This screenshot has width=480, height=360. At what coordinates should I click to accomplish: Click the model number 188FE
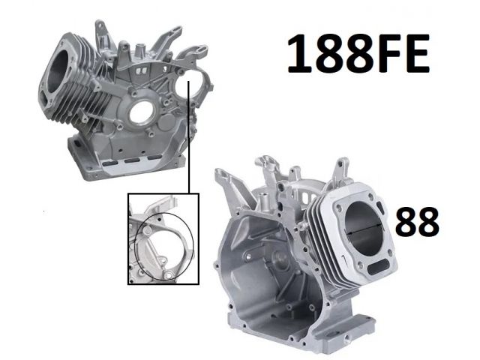358,54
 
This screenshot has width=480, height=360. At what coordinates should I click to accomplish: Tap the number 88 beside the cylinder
417,222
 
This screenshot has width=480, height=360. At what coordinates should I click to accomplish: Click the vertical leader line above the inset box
189,137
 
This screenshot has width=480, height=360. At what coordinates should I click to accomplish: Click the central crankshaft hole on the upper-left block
142,112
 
